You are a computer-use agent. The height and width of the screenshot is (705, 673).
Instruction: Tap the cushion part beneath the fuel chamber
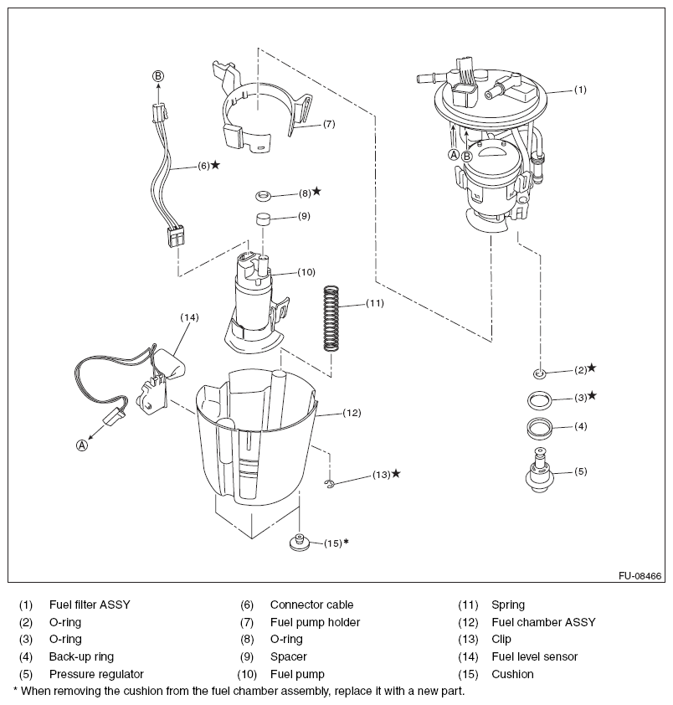(299, 543)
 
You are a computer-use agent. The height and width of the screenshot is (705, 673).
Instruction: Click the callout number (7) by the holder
(328, 124)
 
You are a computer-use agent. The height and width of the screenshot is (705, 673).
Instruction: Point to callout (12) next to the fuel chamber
(352, 412)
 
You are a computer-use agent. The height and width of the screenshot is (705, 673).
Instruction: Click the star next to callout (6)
(216, 165)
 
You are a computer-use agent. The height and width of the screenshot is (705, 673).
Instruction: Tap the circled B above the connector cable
(158, 76)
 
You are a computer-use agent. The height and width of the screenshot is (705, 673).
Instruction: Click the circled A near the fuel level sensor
(82, 445)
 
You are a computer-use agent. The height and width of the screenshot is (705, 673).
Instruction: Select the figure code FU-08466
(640, 576)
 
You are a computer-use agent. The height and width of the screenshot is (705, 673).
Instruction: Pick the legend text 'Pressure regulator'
(96, 674)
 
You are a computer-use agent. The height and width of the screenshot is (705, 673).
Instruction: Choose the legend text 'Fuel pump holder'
(315, 622)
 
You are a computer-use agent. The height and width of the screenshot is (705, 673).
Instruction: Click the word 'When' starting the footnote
(39, 692)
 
